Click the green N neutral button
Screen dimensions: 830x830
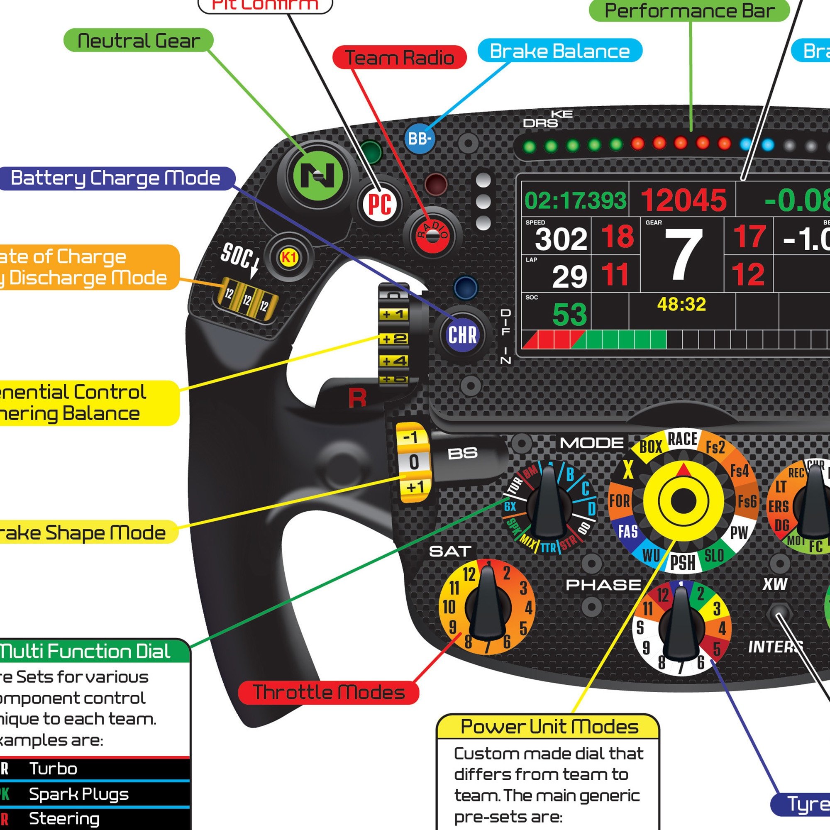317,175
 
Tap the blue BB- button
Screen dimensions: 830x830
419,139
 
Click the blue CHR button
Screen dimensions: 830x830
462,334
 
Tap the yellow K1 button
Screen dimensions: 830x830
289,257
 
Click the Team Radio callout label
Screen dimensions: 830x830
399,58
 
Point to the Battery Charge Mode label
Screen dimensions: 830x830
115,178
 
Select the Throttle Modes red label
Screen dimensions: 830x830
329,692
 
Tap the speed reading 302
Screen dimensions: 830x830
561,239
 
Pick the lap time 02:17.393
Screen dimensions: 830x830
575,200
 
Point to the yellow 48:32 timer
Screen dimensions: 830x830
681,305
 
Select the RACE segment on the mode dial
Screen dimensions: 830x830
682,439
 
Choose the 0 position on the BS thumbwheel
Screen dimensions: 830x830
413,462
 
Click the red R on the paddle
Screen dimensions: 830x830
357,398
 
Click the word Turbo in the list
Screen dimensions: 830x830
53,769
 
